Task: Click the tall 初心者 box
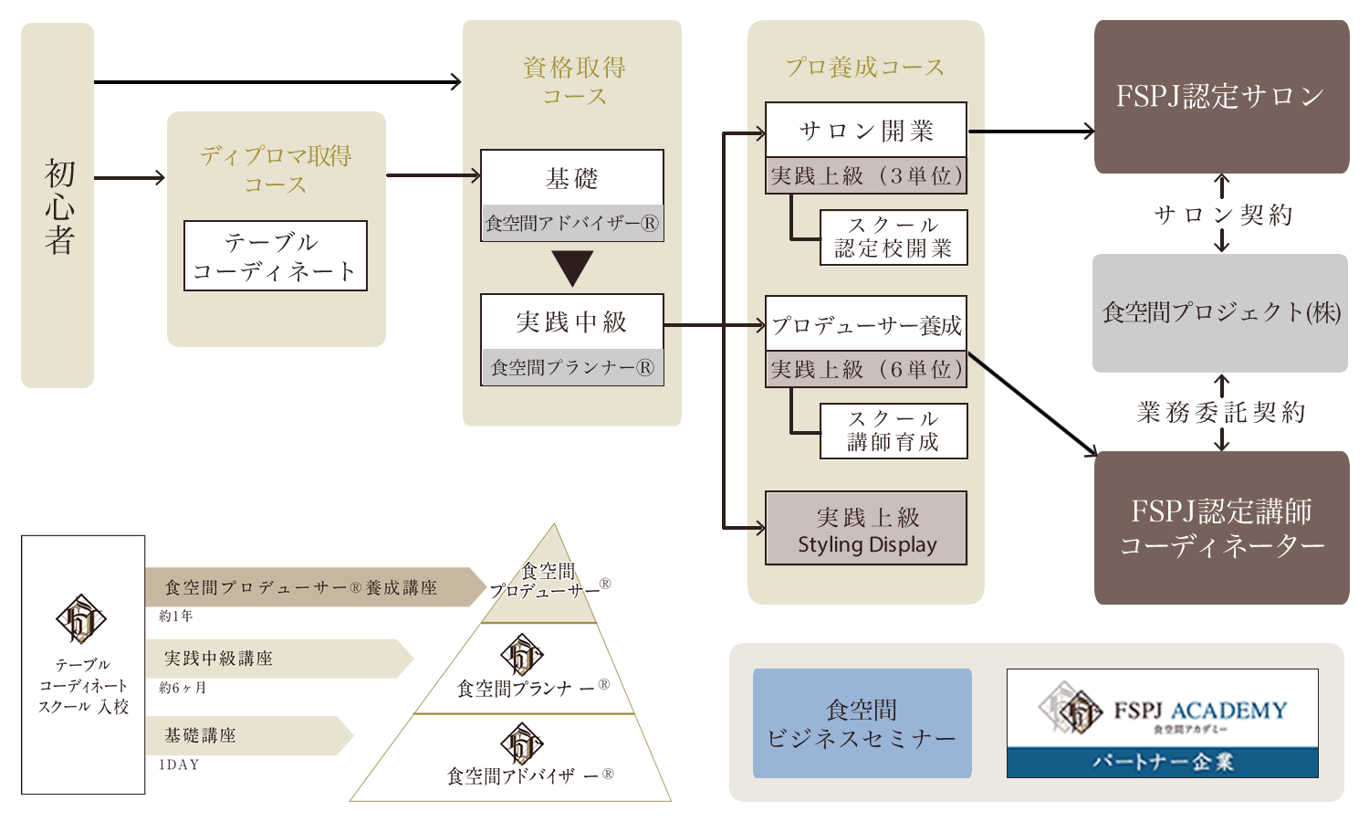click(x=57, y=205)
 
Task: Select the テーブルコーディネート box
click(x=275, y=256)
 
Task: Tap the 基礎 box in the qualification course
click(x=572, y=178)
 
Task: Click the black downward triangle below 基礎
click(x=572, y=269)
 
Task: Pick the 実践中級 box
click(x=572, y=321)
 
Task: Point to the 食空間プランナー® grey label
click(x=572, y=367)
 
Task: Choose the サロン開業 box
click(x=865, y=131)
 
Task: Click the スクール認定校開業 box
click(x=894, y=237)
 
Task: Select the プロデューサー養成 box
click(x=865, y=324)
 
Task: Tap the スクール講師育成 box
click(x=894, y=431)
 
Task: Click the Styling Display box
click(x=866, y=529)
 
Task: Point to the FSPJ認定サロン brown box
click(x=1221, y=97)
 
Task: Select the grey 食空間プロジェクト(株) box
click(x=1220, y=313)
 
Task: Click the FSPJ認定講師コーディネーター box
click(x=1221, y=528)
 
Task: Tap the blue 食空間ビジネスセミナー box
click(x=862, y=723)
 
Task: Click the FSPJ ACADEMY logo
click(x=1162, y=709)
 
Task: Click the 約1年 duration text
click(x=176, y=616)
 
